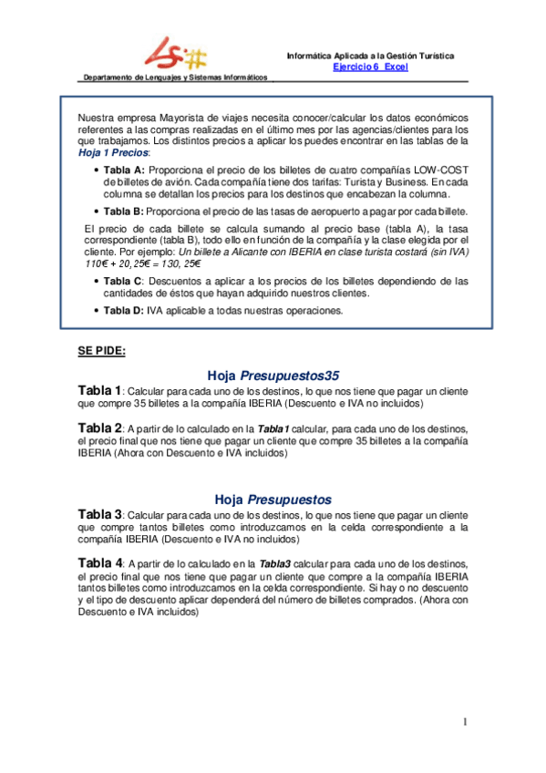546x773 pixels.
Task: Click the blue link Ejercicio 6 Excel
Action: [370, 67]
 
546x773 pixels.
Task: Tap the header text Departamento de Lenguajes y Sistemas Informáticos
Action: [176, 77]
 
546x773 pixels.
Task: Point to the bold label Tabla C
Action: [123, 281]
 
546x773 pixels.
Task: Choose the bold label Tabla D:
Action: [124, 310]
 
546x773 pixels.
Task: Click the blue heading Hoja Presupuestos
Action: [273, 500]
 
